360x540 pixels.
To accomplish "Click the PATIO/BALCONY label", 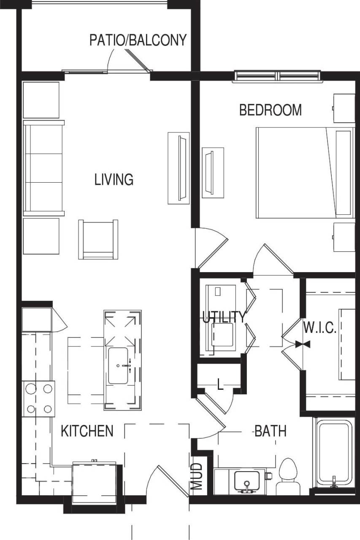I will (138, 40).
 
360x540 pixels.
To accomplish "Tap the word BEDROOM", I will (270, 110).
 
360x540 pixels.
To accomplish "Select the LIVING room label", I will (114, 180).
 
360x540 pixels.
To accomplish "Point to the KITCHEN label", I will (87, 431).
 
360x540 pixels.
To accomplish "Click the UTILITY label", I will (223, 317).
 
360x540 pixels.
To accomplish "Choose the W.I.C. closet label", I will (319, 328).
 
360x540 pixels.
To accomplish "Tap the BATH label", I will (270, 431).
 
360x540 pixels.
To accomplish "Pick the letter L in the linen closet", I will (219, 384).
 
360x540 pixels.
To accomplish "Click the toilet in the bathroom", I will (289, 475).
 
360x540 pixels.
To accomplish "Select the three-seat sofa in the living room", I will (43, 168).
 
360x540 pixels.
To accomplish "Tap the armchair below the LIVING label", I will (98, 239).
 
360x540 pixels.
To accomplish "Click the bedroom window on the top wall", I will (278, 76).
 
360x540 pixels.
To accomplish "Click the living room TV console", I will (179, 168).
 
